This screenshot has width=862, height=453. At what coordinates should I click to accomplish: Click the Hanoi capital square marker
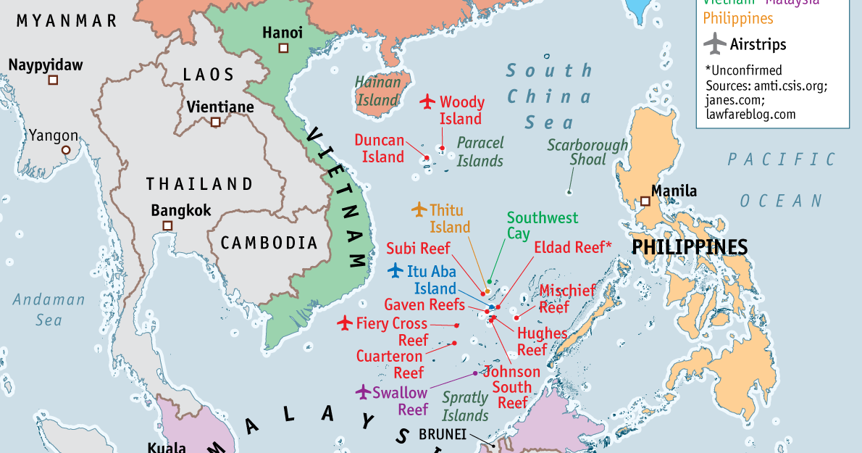point(283,48)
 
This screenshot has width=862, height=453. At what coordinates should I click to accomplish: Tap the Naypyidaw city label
point(46,65)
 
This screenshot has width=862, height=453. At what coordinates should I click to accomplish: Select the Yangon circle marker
point(66,150)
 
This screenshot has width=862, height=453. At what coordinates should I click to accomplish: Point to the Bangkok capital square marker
point(167,226)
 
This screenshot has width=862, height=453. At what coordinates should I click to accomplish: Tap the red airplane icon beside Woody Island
point(427,101)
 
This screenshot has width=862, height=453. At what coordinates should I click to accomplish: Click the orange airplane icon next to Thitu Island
point(419,210)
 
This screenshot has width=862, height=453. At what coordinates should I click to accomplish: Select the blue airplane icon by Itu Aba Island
point(396,271)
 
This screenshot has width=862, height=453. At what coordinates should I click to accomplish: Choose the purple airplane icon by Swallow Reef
point(363,392)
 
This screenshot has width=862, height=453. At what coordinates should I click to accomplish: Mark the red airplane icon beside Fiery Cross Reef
point(345,323)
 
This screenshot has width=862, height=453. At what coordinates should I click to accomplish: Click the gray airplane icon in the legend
point(714,43)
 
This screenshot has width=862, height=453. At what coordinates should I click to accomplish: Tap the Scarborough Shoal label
point(587,151)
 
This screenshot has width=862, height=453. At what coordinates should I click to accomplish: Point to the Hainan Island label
point(377,91)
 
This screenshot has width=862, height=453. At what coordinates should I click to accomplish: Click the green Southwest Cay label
point(542,225)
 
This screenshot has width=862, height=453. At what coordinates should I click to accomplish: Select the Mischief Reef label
point(566,299)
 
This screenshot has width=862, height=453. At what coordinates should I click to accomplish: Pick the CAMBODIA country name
point(269,243)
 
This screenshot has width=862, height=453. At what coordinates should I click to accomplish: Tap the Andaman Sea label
point(49,309)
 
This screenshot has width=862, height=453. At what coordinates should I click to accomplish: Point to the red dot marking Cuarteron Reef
point(454,343)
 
